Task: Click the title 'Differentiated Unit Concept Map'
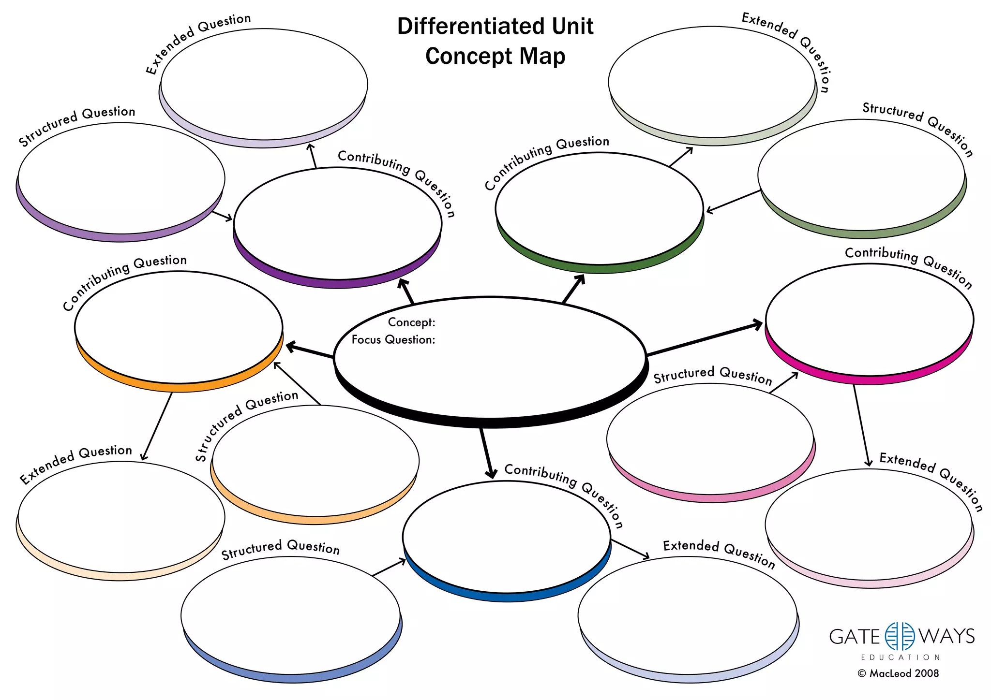pos(495,41)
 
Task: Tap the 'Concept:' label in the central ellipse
pos(411,322)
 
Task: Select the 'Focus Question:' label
pos(393,339)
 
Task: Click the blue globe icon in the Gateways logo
pos(900,636)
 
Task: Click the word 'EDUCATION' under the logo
pos(900,657)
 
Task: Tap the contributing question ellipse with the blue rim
pos(507,537)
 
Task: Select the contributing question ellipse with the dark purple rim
pos(337,224)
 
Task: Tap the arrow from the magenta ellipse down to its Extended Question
pos(861,425)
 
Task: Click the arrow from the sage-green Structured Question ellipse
pos(733,201)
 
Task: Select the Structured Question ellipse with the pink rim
pos(710,439)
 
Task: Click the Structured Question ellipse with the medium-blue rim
pos(290,615)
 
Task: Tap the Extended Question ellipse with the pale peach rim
pos(121,517)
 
